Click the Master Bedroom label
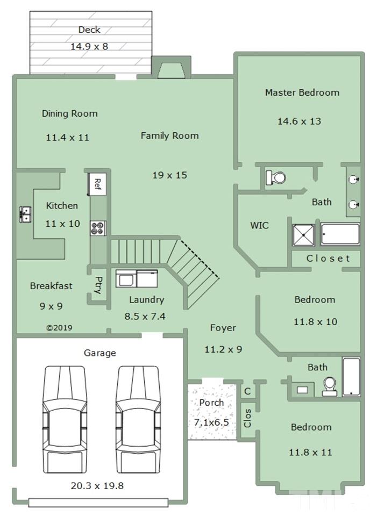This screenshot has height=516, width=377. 302,92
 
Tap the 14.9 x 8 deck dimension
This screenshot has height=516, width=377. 89,46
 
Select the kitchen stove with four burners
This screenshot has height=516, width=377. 98,228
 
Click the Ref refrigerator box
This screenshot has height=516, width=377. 97,184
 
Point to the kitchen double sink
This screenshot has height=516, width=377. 25,214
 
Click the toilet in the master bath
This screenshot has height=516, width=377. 275,178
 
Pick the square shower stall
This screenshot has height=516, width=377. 303,235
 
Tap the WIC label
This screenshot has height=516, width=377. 259,225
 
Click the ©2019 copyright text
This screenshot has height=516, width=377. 59,328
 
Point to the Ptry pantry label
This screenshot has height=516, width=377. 98,285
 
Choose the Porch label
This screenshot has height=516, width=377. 212,403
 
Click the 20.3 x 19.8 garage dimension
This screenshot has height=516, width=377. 97,486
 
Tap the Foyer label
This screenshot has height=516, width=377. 223,328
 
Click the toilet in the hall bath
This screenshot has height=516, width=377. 330,386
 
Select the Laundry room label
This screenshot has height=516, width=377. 146,300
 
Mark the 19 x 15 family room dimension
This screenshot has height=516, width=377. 169,175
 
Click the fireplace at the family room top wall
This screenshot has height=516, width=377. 171,68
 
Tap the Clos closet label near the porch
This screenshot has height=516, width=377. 247,418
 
